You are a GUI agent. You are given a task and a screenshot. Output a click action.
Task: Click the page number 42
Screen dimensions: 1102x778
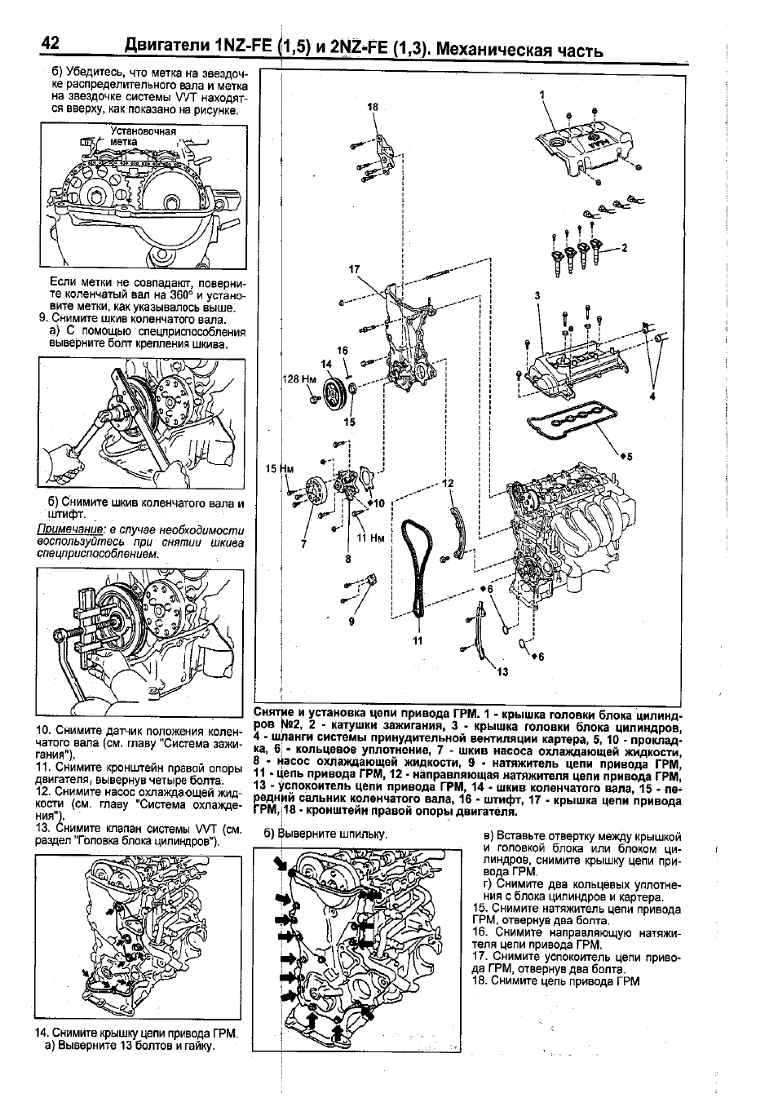click(x=50, y=44)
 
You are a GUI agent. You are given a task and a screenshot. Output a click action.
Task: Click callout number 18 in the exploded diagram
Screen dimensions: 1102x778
click(x=374, y=107)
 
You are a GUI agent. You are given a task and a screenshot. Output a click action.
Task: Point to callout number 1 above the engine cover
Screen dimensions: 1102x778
click(x=542, y=95)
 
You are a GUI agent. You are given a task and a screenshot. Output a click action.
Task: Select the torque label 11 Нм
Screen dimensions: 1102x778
click(x=371, y=538)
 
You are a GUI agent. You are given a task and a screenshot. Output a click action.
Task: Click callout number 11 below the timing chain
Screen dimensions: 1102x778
click(x=418, y=640)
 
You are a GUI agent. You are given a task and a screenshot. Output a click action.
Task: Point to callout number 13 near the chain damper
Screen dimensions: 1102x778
click(x=502, y=671)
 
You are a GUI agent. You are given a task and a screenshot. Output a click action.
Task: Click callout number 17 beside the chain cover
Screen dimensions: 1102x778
click(x=354, y=269)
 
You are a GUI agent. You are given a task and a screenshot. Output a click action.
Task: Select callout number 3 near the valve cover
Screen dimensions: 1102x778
click(x=537, y=295)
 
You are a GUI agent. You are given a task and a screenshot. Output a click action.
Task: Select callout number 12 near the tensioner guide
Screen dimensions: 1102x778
click(x=447, y=483)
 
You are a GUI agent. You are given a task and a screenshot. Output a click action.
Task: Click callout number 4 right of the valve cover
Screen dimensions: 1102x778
click(x=652, y=396)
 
